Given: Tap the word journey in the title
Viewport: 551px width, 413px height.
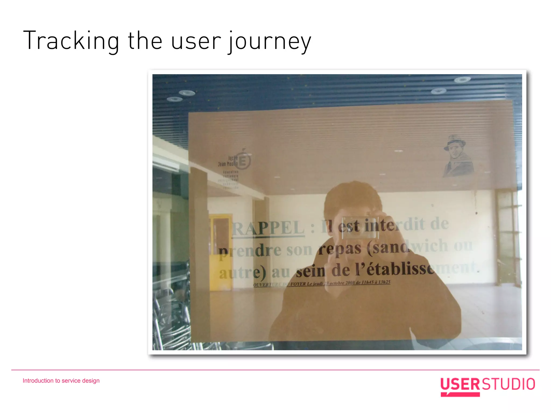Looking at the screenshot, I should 270,42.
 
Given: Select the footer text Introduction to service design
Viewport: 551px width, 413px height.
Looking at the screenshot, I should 61,381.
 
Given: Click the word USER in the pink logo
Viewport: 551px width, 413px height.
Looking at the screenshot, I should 460,384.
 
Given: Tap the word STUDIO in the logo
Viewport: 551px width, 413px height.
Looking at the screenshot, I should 508,384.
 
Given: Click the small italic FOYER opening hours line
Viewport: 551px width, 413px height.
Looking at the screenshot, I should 322,283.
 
